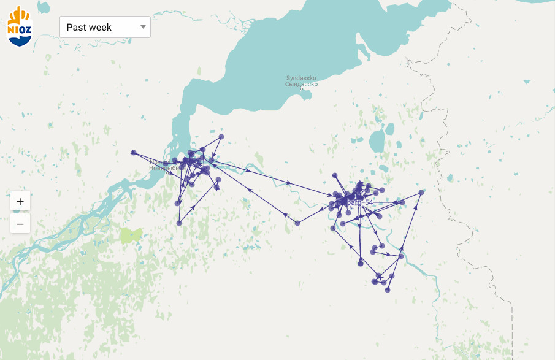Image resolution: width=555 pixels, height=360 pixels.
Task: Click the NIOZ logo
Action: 19,26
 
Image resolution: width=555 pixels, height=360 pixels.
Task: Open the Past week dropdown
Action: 105,27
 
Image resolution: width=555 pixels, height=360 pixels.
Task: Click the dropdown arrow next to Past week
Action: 143,27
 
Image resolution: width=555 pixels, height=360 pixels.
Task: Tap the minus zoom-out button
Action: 20,224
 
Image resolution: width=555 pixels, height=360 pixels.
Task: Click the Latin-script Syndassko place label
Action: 301,78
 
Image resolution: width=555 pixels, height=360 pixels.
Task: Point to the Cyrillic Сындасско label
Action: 301,84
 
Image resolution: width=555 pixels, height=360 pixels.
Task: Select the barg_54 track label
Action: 360,202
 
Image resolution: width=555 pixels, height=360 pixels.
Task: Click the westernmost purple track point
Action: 134,152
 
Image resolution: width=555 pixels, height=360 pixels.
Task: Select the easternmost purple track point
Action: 421,193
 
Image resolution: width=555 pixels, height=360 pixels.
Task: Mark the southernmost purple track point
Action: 388,290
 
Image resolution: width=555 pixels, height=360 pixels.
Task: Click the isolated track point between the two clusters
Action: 297,223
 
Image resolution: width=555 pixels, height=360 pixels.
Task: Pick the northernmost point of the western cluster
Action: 221,136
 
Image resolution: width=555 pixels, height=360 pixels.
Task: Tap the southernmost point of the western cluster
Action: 179,223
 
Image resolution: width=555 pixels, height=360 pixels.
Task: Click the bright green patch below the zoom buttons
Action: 131,235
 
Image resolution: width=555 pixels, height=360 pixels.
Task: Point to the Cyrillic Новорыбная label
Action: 166,167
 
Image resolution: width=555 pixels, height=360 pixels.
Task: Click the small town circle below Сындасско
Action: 302,90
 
